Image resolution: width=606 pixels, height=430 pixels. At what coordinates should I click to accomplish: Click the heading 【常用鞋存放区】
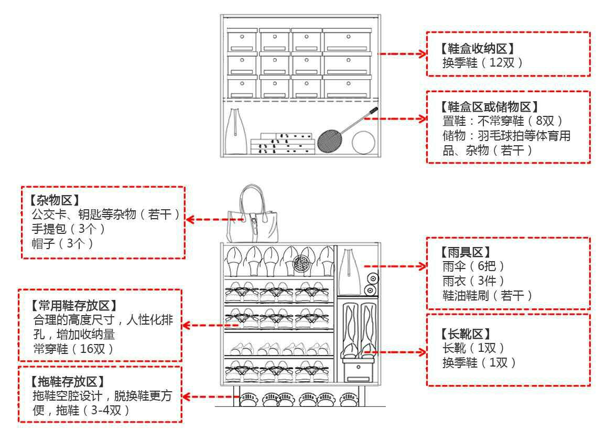coord(73,305)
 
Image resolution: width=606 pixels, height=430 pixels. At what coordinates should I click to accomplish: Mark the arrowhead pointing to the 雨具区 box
coord(422,266)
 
